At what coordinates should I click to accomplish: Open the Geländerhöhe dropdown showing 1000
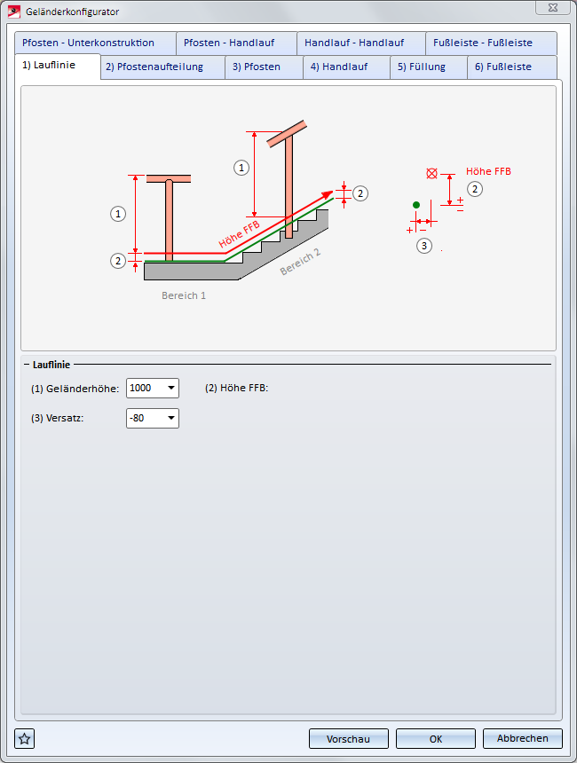[153, 389]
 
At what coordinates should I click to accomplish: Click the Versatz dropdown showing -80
[153, 419]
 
